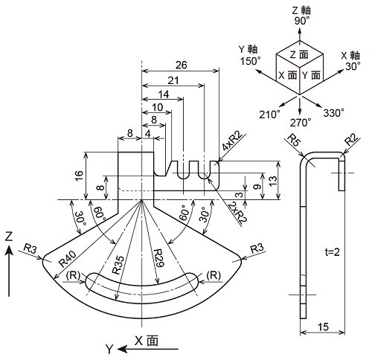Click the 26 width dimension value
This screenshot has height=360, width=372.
[x=181, y=65]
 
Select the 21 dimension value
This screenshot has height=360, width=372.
[x=173, y=80]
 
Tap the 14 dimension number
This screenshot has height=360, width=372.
[x=164, y=94]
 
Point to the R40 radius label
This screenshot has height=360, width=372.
[x=68, y=258]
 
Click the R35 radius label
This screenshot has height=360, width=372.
[x=118, y=265]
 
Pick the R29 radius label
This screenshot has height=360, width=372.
[x=158, y=259]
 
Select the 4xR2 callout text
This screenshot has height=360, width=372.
[x=232, y=142]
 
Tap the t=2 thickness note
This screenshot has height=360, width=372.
[x=332, y=252]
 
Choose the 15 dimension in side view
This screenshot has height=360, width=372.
[x=323, y=327]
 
